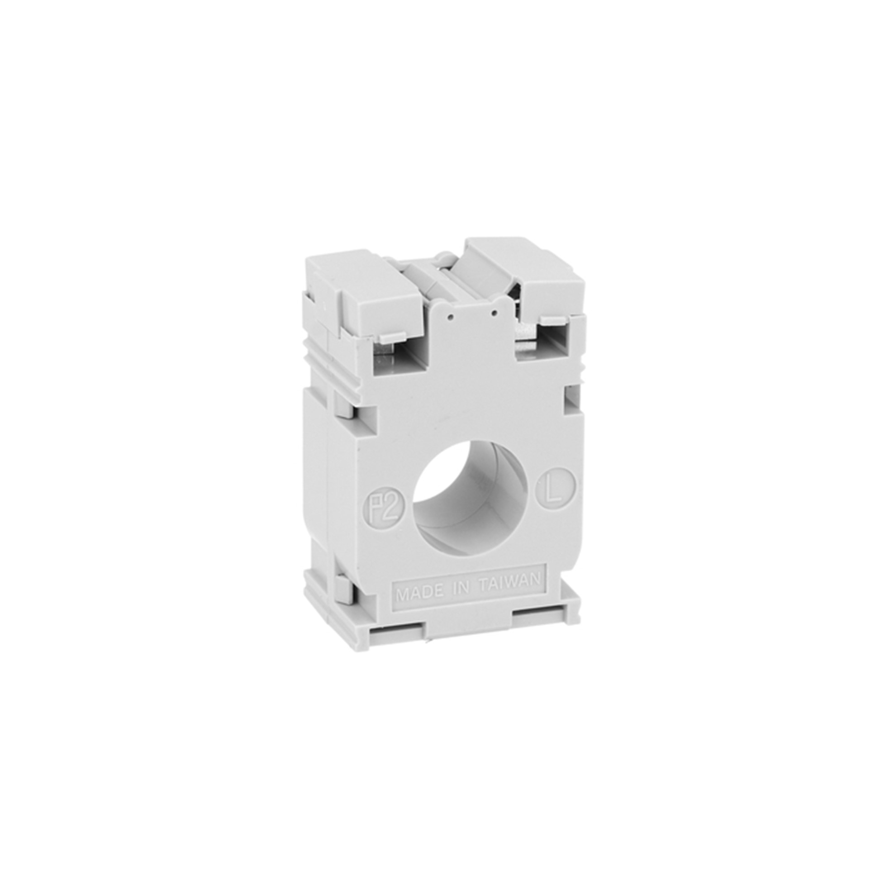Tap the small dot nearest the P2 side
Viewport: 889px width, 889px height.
coord(451,316)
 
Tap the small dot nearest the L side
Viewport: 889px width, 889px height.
coord(494,314)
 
